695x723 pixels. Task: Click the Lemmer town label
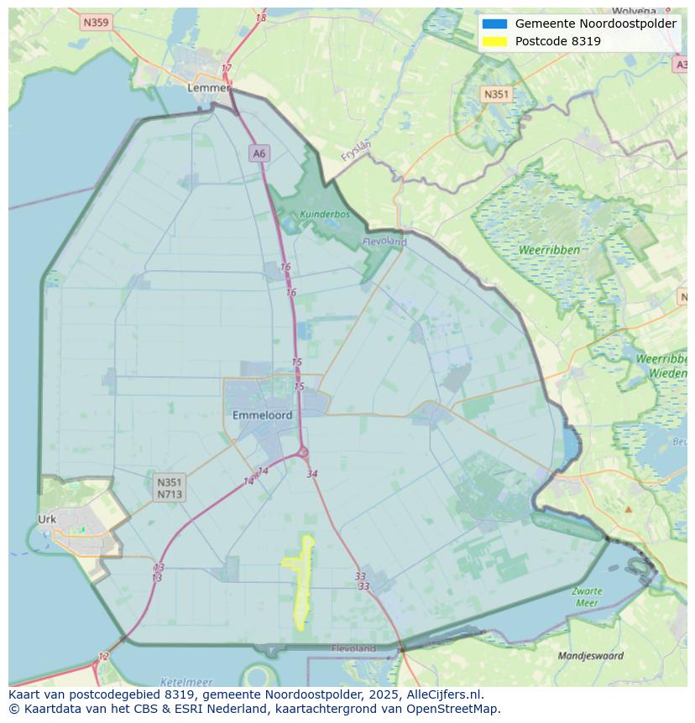(208, 87)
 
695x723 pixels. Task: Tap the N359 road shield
(97, 23)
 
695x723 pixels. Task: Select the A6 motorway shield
(259, 153)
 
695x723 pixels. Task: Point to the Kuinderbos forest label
(324, 214)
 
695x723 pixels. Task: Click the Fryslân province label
(356, 150)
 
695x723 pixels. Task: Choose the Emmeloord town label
(262, 415)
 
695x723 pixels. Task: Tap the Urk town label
(47, 519)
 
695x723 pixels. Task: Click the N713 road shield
(169, 495)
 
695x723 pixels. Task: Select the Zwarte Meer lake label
(587, 597)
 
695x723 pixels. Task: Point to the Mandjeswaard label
(591, 655)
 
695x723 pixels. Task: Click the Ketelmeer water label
(186, 682)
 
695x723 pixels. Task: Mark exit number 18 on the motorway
(261, 18)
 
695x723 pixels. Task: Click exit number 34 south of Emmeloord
(312, 474)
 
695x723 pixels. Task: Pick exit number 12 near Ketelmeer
(103, 657)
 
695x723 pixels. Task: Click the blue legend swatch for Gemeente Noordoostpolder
(494, 24)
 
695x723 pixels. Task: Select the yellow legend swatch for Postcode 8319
(494, 41)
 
